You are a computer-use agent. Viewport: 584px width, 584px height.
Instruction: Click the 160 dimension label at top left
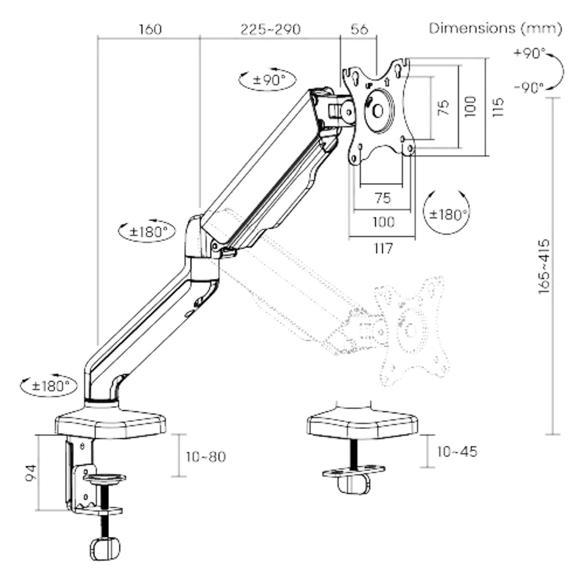pyautogui.click(x=150, y=29)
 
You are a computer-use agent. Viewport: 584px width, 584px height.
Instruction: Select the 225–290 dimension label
pyautogui.click(x=270, y=29)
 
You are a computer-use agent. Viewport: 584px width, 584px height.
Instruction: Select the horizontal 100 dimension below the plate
pyautogui.click(x=383, y=222)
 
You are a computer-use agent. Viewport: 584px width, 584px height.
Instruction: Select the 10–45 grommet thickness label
pyautogui.click(x=456, y=452)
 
